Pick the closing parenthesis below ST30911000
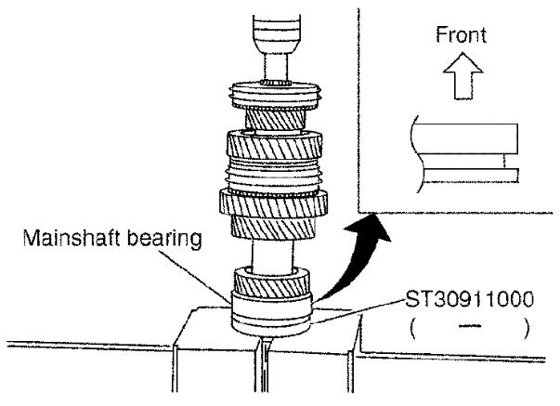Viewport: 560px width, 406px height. [x=525, y=327]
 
